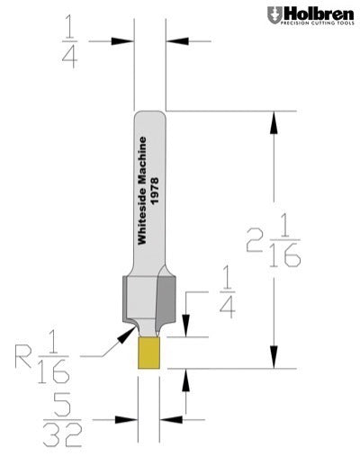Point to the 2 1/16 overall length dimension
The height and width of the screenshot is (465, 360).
(274, 241)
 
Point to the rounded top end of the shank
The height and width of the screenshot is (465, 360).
(150, 113)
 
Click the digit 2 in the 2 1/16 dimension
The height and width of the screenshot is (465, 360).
(257, 241)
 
